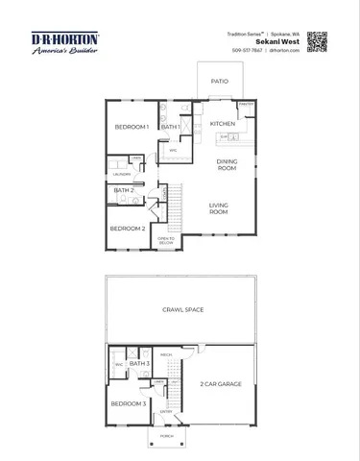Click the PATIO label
(x=220, y=82)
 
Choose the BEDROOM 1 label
(x=132, y=127)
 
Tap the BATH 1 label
(x=171, y=127)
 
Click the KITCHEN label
(x=223, y=124)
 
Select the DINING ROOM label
(x=227, y=164)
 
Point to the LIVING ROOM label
(x=220, y=208)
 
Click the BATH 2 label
(x=124, y=190)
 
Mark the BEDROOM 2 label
(x=127, y=229)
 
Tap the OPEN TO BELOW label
(x=165, y=240)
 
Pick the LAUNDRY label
(x=121, y=174)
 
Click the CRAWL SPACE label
(x=181, y=310)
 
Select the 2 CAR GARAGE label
(x=220, y=383)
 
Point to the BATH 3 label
(x=139, y=364)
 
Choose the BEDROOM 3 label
(x=127, y=403)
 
